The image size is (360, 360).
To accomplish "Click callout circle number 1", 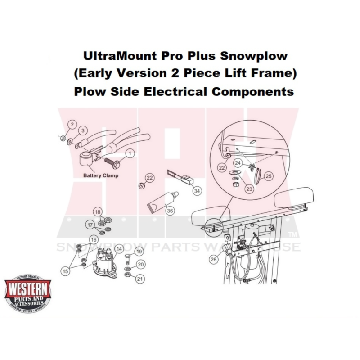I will (x=129, y=153).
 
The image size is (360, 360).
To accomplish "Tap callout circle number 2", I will (x=71, y=124).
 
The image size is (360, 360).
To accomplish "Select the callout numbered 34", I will (x=197, y=191).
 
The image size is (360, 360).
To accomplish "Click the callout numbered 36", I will (x=170, y=210).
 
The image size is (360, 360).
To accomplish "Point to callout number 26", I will (x=213, y=259).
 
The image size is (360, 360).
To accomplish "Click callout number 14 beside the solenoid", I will (x=119, y=249).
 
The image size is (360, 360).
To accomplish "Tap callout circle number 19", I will (x=139, y=252).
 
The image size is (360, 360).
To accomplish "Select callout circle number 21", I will (x=140, y=279).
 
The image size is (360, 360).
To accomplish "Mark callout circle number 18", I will (x=98, y=212).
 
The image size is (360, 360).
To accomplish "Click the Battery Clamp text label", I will (x=101, y=175).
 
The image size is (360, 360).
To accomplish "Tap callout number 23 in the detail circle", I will (x=249, y=189).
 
